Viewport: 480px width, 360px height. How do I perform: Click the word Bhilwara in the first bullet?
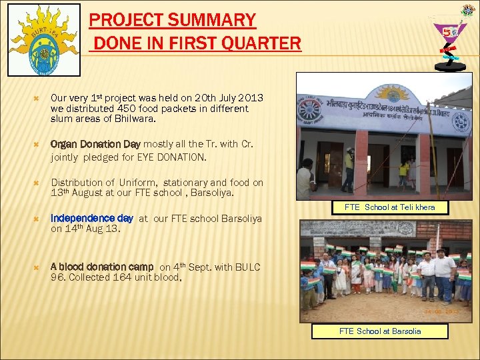coord(135,119)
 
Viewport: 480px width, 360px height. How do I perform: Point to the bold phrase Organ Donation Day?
coord(95,144)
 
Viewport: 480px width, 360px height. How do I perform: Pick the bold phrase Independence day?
coord(92,218)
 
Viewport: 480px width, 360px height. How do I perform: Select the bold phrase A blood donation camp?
coord(101,267)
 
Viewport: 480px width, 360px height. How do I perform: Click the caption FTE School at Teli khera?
coord(389,207)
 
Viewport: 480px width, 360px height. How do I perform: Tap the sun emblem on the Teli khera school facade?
coord(392,93)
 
